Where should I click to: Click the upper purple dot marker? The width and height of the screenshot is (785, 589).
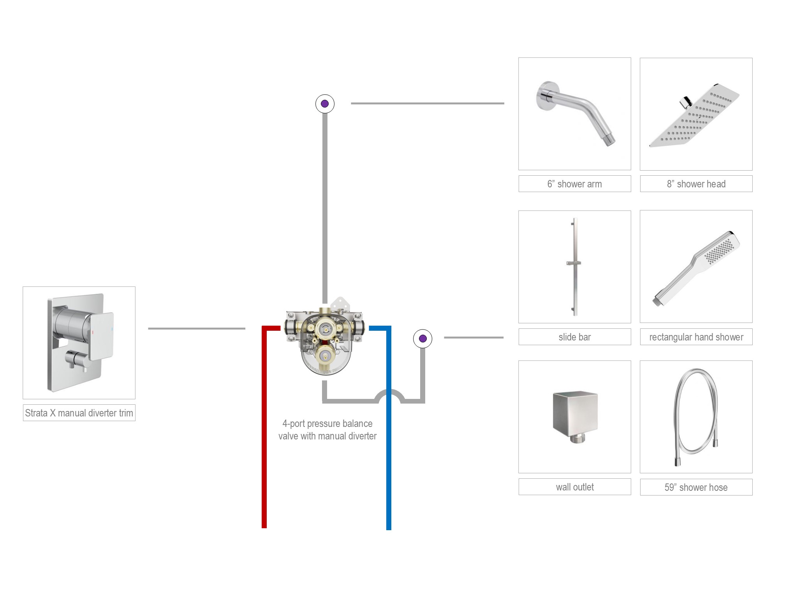pyautogui.click(x=325, y=104)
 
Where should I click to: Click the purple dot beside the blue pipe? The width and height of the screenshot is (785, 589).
pyautogui.click(x=422, y=339)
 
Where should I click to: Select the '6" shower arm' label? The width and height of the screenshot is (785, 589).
pyautogui.click(x=574, y=184)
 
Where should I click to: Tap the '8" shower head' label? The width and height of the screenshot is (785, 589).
pyautogui.click(x=696, y=184)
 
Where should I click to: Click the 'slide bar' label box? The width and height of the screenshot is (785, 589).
pyautogui.click(x=574, y=337)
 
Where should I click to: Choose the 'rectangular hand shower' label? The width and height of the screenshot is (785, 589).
pyautogui.click(x=696, y=337)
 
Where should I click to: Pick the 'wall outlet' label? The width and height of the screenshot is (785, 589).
pyautogui.click(x=574, y=487)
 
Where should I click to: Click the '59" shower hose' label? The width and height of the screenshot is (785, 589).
pyautogui.click(x=696, y=487)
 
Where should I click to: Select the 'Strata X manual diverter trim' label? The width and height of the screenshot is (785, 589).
pyautogui.click(x=79, y=413)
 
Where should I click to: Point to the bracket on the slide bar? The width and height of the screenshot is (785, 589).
pyautogui.click(x=574, y=263)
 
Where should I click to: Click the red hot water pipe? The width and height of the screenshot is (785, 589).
pyautogui.click(x=264, y=429)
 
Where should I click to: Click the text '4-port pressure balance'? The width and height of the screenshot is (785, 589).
pyautogui.click(x=327, y=423)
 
